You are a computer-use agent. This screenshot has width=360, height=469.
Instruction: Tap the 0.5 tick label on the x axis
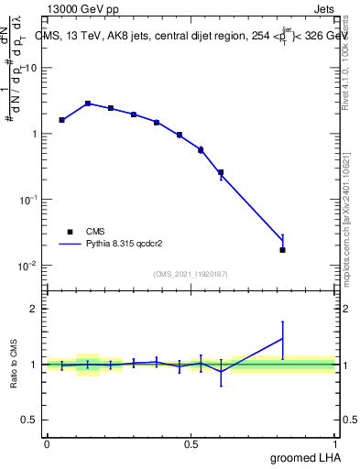(191, 444)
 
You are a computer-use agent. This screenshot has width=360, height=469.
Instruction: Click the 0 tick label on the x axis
(47, 444)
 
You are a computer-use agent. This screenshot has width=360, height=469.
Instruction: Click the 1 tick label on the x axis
(336, 444)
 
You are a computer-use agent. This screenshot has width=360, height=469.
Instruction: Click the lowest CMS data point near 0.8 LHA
(282, 250)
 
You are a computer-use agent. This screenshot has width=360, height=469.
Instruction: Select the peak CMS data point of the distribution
(88, 104)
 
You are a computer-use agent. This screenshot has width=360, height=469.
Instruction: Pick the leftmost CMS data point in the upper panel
(61, 120)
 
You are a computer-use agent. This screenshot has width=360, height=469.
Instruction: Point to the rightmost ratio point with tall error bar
(282, 339)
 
